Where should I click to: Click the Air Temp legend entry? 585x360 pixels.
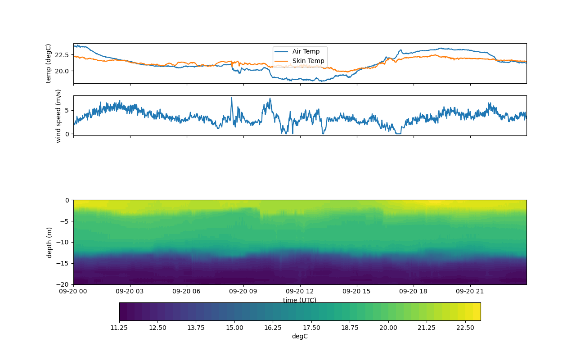click(306, 51)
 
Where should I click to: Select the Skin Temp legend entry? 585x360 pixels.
click(308, 61)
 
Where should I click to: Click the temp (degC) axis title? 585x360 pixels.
click(49, 63)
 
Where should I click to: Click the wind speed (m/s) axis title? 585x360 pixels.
click(58, 116)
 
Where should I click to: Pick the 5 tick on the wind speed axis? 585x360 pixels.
click(67, 110)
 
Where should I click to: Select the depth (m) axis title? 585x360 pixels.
click(49, 242)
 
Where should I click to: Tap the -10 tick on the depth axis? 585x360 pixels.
click(63, 242)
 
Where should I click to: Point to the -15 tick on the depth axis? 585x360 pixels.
click(63, 263)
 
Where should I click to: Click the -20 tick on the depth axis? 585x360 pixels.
click(63, 284)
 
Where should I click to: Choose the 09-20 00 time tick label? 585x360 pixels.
click(74, 291)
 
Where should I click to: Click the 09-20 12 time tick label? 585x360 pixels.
click(300, 291)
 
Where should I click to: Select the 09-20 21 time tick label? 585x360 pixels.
click(470, 291)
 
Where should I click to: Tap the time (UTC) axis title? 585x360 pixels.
click(300, 300)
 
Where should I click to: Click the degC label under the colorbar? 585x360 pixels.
click(300, 336)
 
